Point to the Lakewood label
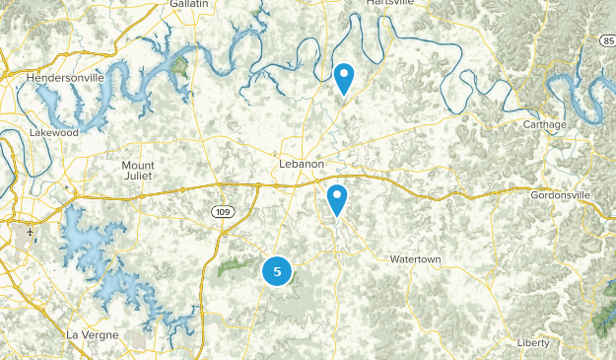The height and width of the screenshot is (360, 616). [x=52, y=131]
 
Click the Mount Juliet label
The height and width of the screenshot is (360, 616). [x=138, y=171]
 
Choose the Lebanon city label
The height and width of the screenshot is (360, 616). [x=301, y=163]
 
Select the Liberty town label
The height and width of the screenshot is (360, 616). [x=532, y=342]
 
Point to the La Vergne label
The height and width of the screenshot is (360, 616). [x=92, y=334]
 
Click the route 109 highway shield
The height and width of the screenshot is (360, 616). [x=221, y=212]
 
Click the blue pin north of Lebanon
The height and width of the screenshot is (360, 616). [x=344, y=76]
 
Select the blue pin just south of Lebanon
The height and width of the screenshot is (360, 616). [x=337, y=199]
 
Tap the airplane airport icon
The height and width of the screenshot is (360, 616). [x=31, y=233]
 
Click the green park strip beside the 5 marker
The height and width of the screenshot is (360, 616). [x=235, y=264]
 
